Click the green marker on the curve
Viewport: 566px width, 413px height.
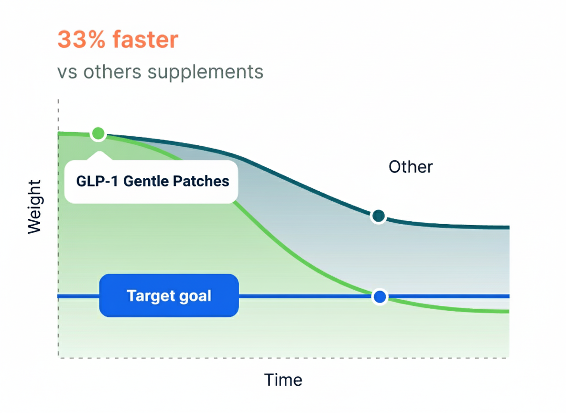(x=98, y=133)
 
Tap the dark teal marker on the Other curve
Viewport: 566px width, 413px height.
(x=378, y=216)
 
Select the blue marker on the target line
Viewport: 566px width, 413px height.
(x=380, y=297)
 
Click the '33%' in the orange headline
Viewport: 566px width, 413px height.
(x=81, y=39)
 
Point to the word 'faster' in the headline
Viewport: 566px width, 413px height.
(x=145, y=39)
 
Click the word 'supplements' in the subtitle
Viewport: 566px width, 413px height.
(x=206, y=73)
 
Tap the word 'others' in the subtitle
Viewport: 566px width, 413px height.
(x=112, y=72)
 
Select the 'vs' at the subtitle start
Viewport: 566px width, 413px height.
(x=67, y=73)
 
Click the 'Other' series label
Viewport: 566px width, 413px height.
(x=411, y=167)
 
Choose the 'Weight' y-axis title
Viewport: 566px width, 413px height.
(x=34, y=207)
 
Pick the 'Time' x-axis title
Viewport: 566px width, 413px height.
(x=283, y=380)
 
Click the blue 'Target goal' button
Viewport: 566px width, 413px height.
(x=169, y=296)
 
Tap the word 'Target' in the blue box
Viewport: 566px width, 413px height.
(x=150, y=296)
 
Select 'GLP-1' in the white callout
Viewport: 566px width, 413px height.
(x=97, y=181)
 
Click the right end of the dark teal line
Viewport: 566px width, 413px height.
(x=509, y=228)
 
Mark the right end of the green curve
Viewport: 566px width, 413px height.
(x=509, y=311)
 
